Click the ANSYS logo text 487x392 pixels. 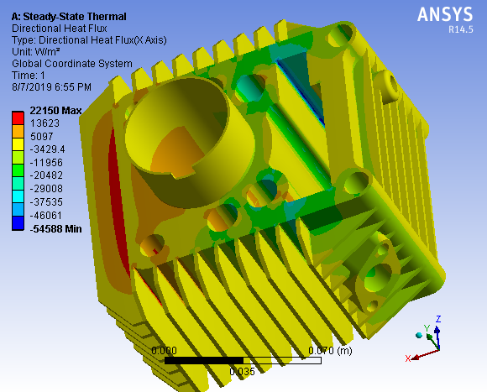pyautogui.click(x=446, y=14)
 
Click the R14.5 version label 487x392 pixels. pyautogui.click(x=461, y=29)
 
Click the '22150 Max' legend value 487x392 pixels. pyautogui.click(x=55, y=111)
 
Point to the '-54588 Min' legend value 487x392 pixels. pyautogui.click(x=55, y=228)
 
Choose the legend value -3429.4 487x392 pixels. pyautogui.click(x=50, y=148)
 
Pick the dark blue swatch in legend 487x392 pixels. pyautogui.click(x=17, y=222)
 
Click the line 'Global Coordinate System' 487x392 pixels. pyautogui.click(x=71, y=63)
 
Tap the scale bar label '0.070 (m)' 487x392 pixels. pyautogui.click(x=330, y=350)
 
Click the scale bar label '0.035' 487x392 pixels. pyautogui.click(x=242, y=370)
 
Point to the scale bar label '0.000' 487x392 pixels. pyautogui.click(x=164, y=350)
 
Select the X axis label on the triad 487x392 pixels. pyautogui.click(x=408, y=358)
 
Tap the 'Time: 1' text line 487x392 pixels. pyautogui.click(x=30, y=75)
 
